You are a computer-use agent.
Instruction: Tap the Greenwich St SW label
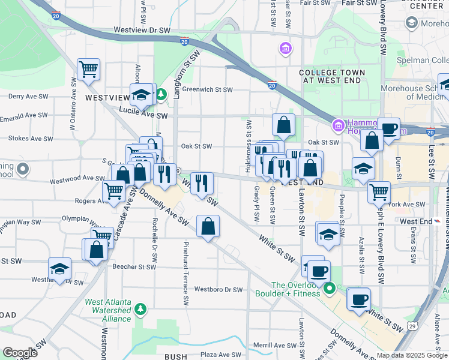207,90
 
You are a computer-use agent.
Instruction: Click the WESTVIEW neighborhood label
107,97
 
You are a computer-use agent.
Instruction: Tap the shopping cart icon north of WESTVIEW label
88,68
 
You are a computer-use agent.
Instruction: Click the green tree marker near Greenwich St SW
161,95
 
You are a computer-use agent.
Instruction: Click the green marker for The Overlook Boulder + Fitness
330,289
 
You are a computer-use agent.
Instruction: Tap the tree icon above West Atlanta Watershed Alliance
140,310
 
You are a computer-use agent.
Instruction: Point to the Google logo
20,353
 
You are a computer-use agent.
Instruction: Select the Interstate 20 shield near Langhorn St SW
184,41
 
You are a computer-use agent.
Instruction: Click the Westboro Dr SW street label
218,290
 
